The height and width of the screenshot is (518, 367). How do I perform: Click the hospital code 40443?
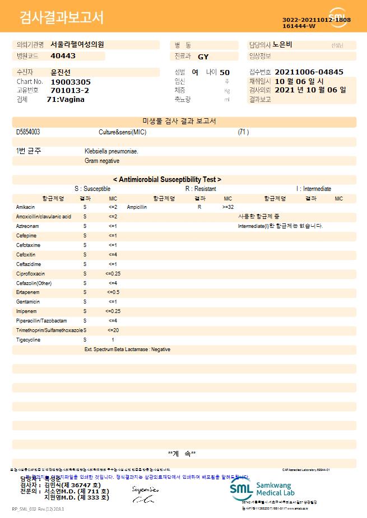[63, 56]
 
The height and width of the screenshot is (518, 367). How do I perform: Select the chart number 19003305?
[71, 82]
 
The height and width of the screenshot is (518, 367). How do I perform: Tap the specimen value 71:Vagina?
[66, 99]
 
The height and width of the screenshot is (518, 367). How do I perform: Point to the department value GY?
[203, 57]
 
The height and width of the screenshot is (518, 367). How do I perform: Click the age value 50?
[225, 72]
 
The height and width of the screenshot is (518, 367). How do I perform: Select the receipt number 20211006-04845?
[309, 72]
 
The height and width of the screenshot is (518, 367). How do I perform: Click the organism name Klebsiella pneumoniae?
[111, 151]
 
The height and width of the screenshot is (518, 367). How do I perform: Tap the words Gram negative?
[102, 161]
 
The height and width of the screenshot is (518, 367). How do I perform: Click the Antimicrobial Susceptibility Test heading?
[167, 179]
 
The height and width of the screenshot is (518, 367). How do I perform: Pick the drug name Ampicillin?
[137, 207]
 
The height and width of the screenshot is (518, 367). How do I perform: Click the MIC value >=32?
[228, 207]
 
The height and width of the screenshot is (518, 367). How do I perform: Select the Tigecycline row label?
[28, 340]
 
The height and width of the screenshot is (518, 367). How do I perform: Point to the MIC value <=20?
[113, 330]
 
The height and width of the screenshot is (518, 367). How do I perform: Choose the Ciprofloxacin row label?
[30, 273]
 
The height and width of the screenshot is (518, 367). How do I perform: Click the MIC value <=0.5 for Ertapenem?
[113, 292]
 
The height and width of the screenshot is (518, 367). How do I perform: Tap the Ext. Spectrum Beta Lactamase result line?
[127, 349]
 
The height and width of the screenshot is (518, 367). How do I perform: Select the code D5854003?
[28, 132]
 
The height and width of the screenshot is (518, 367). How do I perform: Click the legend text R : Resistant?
[201, 189]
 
